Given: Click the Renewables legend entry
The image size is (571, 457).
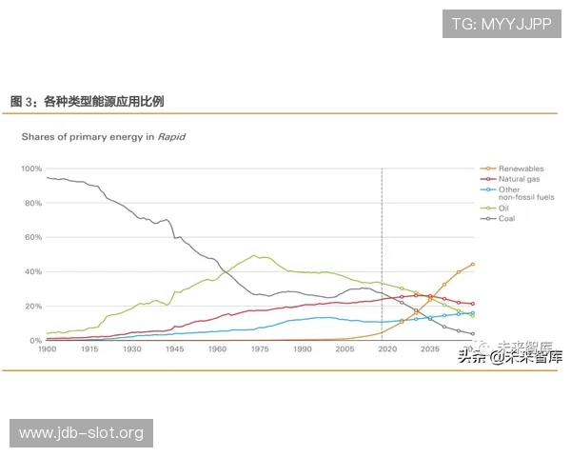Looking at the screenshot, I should pyautogui.click(x=521, y=169).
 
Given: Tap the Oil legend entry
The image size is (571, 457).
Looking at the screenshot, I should pyautogui.click(x=504, y=208).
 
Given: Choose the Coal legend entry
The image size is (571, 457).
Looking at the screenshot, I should pyautogui.click(x=507, y=218).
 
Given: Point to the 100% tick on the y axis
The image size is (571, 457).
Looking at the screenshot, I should pyautogui.click(x=31, y=169).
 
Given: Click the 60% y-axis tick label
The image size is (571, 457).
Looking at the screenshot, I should pyautogui.click(x=33, y=237).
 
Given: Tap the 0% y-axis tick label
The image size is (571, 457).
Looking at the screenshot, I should pyautogui.click(x=36, y=340).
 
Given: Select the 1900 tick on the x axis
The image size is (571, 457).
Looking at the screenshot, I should pyautogui.click(x=47, y=350).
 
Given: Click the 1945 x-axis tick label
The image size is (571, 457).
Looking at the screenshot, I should pyautogui.click(x=175, y=350).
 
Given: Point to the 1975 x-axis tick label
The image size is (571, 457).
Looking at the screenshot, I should pyautogui.click(x=260, y=350).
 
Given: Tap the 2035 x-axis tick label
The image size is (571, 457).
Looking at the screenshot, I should pyautogui.click(x=430, y=350).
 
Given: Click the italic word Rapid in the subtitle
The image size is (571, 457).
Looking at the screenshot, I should pyautogui.click(x=171, y=136).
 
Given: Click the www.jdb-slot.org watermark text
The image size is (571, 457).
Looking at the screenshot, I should pyautogui.click(x=81, y=433).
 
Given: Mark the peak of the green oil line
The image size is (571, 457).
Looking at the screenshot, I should pyautogui.click(x=254, y=255).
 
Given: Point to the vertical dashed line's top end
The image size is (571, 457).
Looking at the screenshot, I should pyautogui.click(x=383, y=169).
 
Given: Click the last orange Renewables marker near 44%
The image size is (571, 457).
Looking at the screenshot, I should pyautogui.click(x=473, y=265).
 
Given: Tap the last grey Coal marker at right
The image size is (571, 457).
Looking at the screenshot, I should pyautogui.click(x=473, y=334).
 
